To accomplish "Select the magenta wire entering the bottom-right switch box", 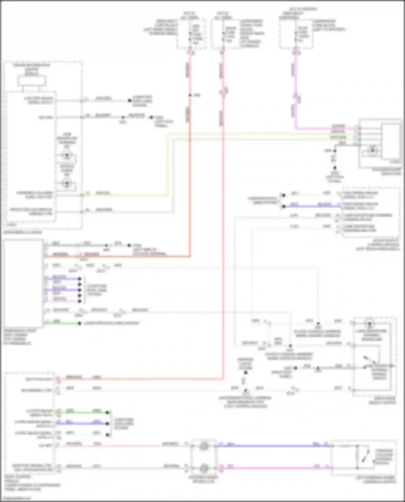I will tap(275, 468).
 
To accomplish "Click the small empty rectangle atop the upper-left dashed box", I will tap(32, 81).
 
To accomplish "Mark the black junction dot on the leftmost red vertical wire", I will tap(190, 95).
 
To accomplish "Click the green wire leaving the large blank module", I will tap(62, 323).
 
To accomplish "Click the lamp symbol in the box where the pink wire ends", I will tap(372, 151).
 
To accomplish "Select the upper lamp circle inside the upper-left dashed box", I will tap(66, 155).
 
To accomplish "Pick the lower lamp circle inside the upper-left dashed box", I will tap(66, 183).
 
